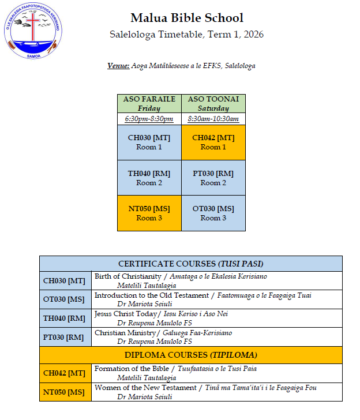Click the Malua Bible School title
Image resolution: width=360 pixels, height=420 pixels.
point(187,18)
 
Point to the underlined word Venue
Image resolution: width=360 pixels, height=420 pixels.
point(118,66)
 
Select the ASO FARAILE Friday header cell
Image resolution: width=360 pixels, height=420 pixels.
point(149,104)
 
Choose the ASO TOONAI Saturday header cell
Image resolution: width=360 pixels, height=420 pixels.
point(213,104)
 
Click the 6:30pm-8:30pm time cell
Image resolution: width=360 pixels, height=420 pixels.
point(149,119)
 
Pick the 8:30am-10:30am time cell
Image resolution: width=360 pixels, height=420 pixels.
point(213,119)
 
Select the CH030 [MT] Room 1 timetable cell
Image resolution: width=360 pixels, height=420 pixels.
point(149,142)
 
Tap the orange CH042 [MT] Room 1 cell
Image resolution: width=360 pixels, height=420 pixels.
point(213,142)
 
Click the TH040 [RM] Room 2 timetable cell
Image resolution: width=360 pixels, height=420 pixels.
point(149,178)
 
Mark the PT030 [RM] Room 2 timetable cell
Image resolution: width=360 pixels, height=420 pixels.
point(213,178)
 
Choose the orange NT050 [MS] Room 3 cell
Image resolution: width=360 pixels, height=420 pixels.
point(149,213)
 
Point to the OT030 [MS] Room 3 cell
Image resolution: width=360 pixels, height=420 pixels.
point(213,213)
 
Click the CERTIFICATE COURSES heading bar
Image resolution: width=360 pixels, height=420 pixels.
point(190,264)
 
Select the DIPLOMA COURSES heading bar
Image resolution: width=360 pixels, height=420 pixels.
point(190,355)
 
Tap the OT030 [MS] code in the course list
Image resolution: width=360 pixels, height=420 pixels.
point(65,299)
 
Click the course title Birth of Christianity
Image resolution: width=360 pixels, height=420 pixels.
point(128,276)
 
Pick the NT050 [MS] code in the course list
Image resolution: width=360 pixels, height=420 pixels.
point(65,392)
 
